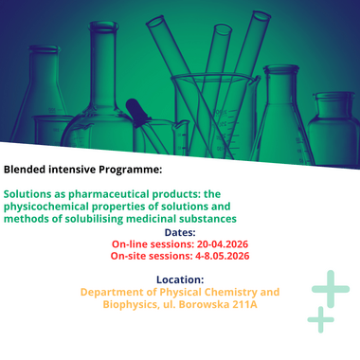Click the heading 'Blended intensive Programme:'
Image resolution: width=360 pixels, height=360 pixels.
(82, 170)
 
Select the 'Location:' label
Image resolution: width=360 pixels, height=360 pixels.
(180, 279)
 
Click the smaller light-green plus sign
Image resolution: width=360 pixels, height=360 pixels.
(320, 319)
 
